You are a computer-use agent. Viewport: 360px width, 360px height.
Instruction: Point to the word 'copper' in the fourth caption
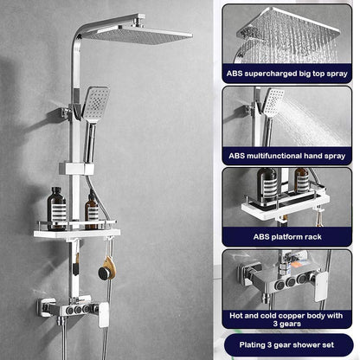coord(297,316)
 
